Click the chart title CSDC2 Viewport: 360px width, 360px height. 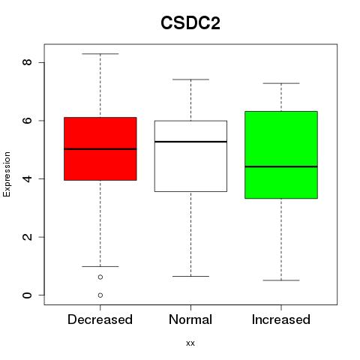coord(190,23)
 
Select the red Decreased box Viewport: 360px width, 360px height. coord(100,148)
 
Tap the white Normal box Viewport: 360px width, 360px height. coord(190,156)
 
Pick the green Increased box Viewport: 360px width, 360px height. coord(281,154)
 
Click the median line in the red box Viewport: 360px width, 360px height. coord(100,149)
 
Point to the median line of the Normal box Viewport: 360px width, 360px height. coord(190,142)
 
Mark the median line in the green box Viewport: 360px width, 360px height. coord(281,166)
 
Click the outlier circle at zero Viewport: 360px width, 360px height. coord(100,295)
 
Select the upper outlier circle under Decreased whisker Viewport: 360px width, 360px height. coord(100,277)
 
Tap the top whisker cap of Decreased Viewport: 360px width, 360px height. coord(100,54)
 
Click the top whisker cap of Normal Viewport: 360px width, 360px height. coord(190,79)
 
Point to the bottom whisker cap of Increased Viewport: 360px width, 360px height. coord(281,280)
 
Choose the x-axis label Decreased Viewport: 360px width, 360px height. coord(100,319)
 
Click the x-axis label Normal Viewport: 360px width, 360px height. coord(190,319)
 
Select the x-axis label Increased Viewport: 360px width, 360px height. coord(281,319)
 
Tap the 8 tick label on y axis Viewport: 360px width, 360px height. coord(27,62)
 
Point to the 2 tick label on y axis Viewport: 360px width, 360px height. coord(27,237)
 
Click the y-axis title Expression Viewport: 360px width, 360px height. coord(7,174)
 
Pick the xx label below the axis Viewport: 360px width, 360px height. coord(190,343)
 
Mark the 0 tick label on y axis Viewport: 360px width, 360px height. coord(27,295)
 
